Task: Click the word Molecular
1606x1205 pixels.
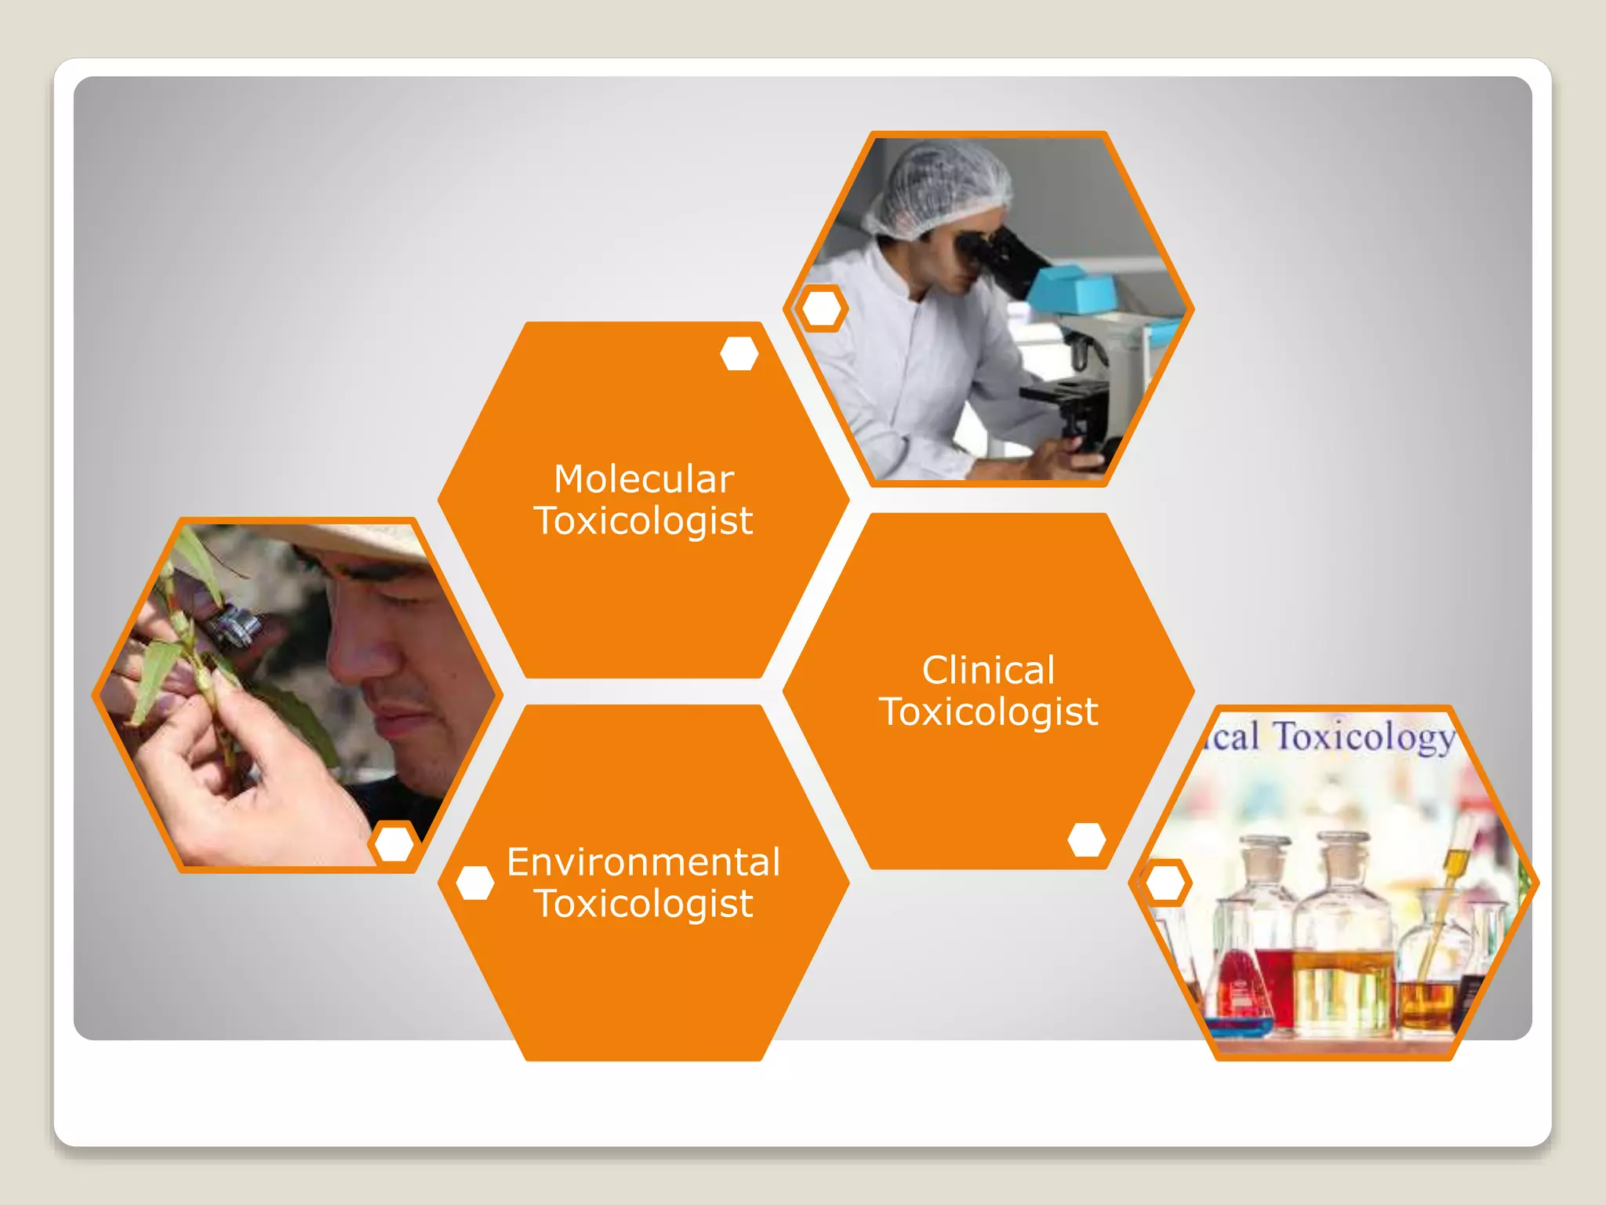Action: (643, 479)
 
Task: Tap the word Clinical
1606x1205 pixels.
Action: (988, 671)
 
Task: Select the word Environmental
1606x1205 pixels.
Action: (643, 862)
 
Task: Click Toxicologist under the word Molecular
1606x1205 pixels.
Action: (643, 521)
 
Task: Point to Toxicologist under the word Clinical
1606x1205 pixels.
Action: (988, 712)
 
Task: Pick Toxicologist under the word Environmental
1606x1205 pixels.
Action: (643, 904)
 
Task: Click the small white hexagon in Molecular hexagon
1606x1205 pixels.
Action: (739, 354)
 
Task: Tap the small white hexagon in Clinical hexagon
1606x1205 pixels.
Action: (1086, 839)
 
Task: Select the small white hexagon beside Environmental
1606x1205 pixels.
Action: (474, 883)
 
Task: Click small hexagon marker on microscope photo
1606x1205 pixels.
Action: (821, 308)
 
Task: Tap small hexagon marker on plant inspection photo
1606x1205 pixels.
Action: (394, 843)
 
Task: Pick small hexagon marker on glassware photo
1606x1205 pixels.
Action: (1165, 883)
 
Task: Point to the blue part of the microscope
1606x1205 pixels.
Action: (1070, 289)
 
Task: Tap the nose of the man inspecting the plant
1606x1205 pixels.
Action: (357, 655)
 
